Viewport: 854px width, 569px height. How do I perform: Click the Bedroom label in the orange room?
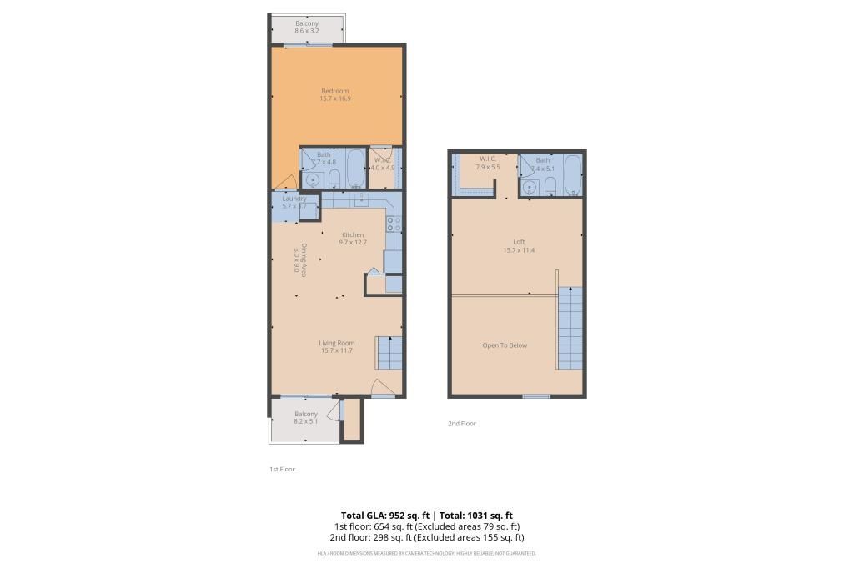334,91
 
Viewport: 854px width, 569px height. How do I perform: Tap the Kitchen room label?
353,234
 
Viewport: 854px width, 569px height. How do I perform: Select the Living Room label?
336,343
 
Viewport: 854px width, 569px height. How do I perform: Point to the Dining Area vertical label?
301,259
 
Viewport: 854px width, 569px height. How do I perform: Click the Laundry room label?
294,199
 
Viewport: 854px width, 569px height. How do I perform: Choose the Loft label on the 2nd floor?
518,242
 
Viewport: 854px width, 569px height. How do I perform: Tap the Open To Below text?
505,345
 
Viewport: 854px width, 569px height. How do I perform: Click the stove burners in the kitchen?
394,223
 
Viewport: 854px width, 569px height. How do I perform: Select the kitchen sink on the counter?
360,199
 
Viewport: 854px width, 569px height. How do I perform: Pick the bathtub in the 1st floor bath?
354,169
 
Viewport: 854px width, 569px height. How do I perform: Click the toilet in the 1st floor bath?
333,179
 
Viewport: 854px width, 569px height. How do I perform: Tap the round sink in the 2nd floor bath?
529,186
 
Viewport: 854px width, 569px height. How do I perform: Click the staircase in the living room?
389,353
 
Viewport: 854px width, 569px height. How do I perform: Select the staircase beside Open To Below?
569,327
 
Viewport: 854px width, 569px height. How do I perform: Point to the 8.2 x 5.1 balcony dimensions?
306,422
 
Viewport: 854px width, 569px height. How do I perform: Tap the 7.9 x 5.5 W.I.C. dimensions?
487,167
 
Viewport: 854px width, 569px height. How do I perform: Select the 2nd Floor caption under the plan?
461,424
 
